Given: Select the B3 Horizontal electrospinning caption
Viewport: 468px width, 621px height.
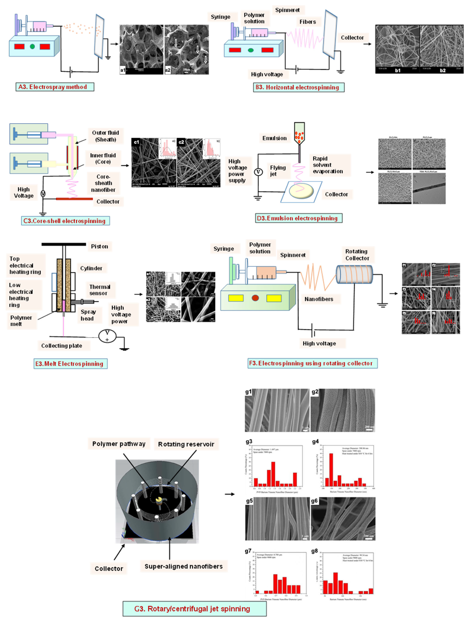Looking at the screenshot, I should pyautogui.click(x=298, y=87).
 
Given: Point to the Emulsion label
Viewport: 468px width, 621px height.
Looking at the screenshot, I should pyautogui.click(x=274, y=138).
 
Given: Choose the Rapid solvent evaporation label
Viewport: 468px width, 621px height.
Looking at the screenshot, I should pyautogui.click(x=328, y=165).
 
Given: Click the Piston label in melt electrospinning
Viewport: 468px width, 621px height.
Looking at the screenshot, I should pyautogui.click(x=99, y=247).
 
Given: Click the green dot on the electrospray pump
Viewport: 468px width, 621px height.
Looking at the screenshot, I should pyautogui.click(x=32, y=46).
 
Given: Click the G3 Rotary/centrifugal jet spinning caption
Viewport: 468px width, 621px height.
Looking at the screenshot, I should pyautogui.click(x=194, y=609).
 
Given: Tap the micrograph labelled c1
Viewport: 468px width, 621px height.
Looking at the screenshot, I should pyautogui.click(x=154, y=162).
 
